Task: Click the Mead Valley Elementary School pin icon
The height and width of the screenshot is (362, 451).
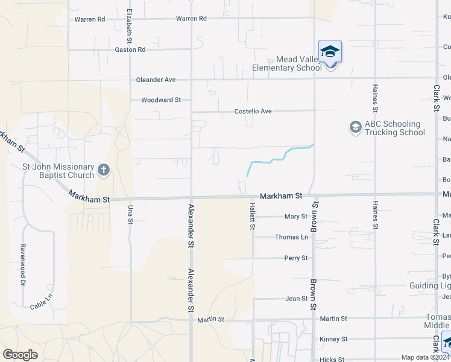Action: [x=330, y=52]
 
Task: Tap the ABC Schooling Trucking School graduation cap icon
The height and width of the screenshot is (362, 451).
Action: [x=355, y=127]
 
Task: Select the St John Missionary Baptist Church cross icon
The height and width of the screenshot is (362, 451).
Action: [x=103, y=171]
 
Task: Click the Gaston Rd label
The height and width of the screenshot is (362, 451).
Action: [x=130, y=49]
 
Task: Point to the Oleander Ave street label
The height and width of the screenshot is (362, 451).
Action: [x=156, y=80]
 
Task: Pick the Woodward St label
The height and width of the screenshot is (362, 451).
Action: [x=161, y=100]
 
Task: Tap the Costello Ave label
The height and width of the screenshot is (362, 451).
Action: [x=253, y=112]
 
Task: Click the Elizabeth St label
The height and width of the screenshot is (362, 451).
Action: [x=129, y=26]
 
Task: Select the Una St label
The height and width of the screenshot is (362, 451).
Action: [x=130, y=213]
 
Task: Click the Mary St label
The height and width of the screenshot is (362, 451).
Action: [x=296, y=217]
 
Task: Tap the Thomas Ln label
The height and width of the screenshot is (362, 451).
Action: [x=291, y=238]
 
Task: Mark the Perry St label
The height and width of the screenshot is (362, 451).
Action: [x=296, y=258]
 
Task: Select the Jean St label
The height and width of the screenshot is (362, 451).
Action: [x=297, y=299]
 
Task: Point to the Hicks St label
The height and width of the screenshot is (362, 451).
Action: [x=332, y=360]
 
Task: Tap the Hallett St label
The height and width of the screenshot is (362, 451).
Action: [x=253, y=217]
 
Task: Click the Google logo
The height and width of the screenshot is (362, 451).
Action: [x=20, y=355]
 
